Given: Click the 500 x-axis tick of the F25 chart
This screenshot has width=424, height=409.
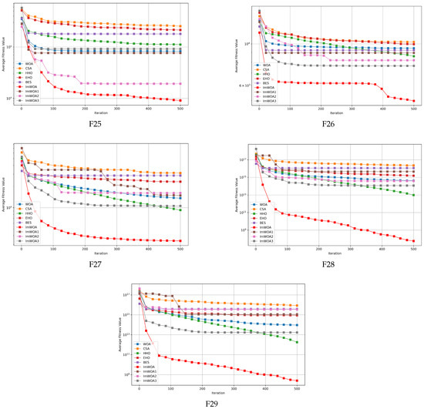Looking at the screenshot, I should coord(181,107).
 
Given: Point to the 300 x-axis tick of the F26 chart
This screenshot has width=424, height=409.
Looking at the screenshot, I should coord(352,107).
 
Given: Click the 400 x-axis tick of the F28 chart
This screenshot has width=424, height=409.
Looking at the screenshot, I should coord(383,249).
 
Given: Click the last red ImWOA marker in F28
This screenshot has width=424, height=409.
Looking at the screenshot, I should coord(414,241).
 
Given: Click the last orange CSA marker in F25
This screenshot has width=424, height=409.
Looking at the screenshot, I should coord(181,26).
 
